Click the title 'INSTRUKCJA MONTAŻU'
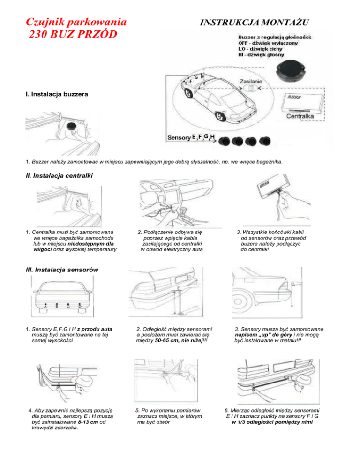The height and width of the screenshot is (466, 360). (x=255, y=22)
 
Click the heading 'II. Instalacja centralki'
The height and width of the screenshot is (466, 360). (x=55, y=176)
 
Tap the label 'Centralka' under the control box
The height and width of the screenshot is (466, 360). (x=303, y=115)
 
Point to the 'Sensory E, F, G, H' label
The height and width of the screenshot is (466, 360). (x=192, y=138)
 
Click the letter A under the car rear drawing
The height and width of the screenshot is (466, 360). (x=45, y=307)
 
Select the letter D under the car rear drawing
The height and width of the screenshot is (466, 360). (x=80, y=307)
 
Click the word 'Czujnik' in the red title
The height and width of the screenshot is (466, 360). (x=46, y=22)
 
